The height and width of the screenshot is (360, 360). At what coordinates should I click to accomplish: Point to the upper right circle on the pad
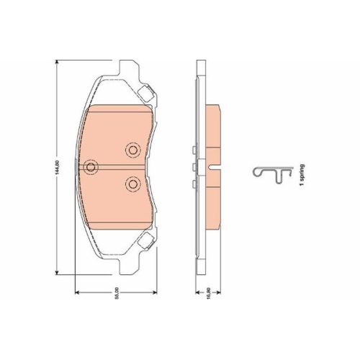tap(132, 150)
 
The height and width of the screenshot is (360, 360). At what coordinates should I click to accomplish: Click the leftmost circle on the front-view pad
tap(91, 168)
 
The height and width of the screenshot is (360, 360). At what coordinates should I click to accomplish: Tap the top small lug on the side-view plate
tap(195, 149)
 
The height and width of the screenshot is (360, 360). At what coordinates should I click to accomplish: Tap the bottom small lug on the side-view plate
tap(195, 186)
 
